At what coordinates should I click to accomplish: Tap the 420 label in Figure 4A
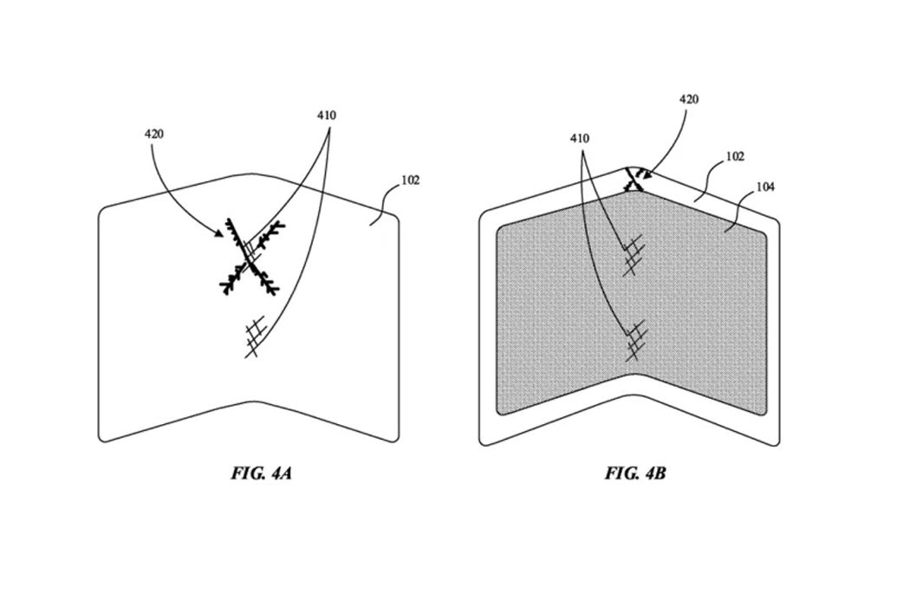point(154,134)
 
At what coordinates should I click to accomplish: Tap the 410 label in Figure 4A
point(327,114)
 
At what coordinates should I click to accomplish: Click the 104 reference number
point(766,186)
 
